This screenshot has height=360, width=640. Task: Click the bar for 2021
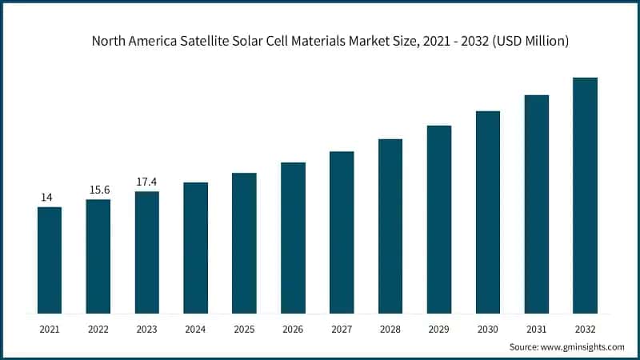click(50, 260)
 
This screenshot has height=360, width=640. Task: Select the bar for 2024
click(195, 248)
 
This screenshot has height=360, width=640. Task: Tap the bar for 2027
click(342, 232)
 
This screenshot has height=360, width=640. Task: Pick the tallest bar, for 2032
click(585, 195)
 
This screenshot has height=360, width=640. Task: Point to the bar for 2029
click(439, 219)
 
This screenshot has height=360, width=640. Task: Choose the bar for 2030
click(488, 212)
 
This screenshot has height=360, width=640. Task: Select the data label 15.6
click(98, 189)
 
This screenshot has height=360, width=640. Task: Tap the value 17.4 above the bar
click(147, 182)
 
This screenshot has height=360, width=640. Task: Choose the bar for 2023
click(147, 252)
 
